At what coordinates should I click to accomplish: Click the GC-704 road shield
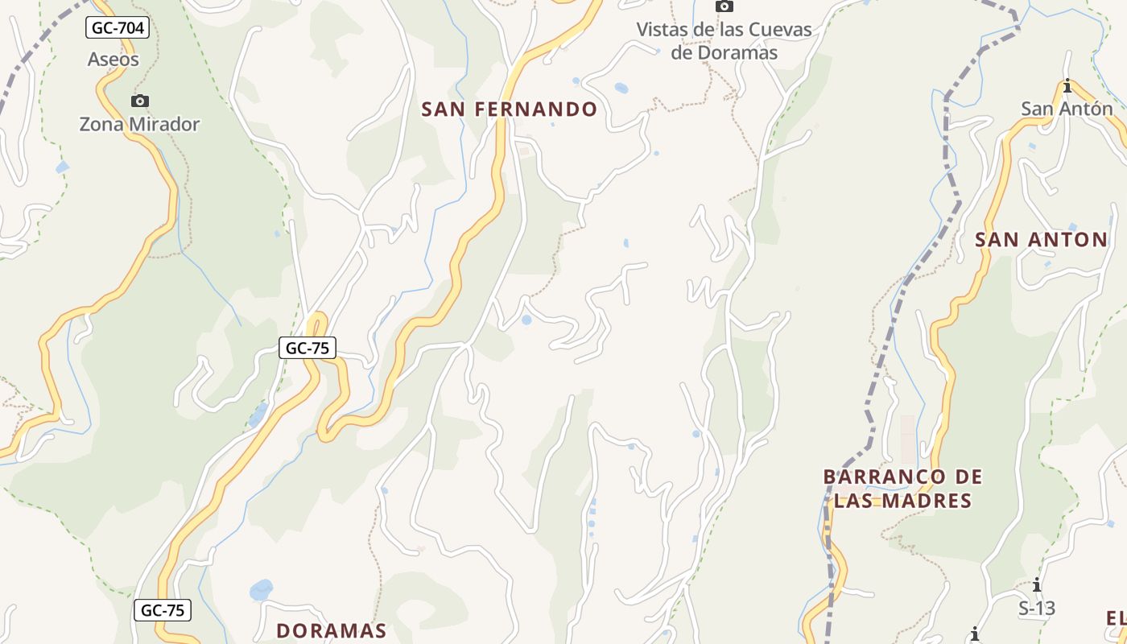pos(118,28)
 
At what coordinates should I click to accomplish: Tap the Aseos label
pos(113,59)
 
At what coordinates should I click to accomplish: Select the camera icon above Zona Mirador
pos(140,101)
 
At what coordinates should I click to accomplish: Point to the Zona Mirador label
pos(139,124)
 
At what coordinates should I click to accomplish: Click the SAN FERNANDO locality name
pos(509,109)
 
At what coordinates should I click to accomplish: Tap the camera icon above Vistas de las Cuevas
pos(724,6)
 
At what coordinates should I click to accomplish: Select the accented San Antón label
pos(1067,109)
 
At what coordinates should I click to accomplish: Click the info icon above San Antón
pos(1067,86)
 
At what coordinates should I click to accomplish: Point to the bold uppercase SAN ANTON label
pos(1041,239)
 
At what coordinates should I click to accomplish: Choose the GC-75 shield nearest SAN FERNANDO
pos(307,348)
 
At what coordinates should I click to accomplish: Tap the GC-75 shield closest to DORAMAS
pos(163,610)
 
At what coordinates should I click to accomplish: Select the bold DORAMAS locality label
pos(331,630)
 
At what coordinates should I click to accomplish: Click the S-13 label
pos(1037,608)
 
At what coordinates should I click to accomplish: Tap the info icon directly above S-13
pos(1037,584)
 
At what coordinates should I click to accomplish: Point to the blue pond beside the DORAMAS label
pos(261,590)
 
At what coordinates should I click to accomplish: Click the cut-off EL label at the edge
pos(1116,618)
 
